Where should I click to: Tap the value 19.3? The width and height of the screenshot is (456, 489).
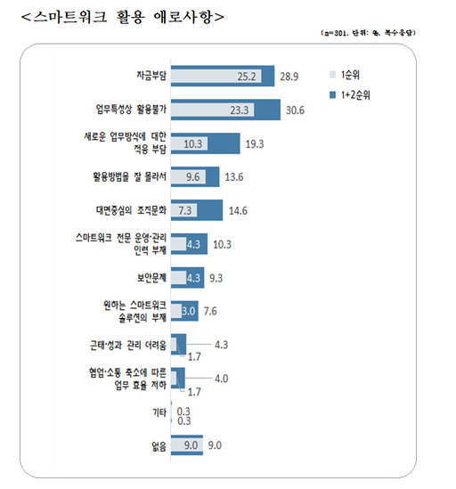click(x=256, y=143)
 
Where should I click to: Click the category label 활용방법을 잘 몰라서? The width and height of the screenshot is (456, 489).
click(x=131, y=176)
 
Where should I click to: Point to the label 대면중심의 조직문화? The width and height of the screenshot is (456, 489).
click(x=130, y=209)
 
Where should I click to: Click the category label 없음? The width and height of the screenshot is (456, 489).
click(x=157, y=444)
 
